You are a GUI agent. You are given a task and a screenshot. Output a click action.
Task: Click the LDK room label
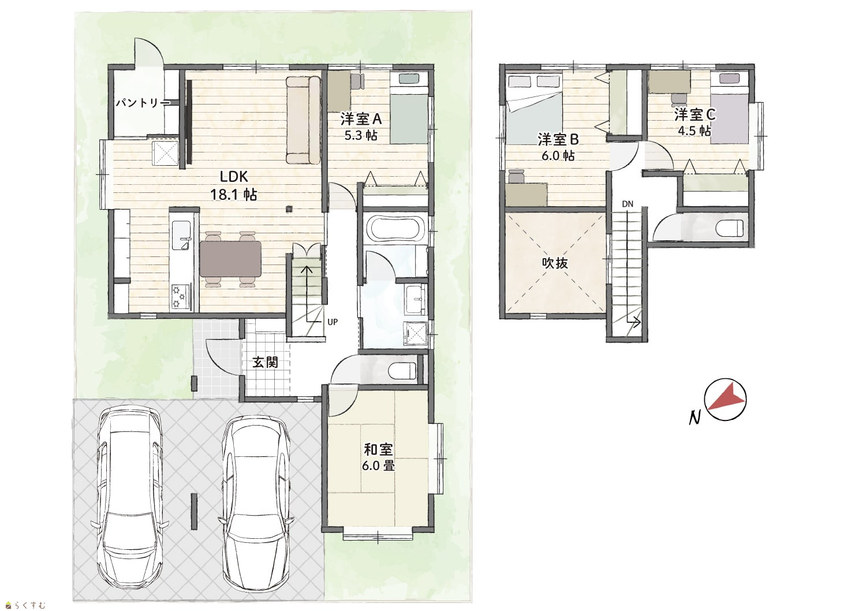pyautogui.click(x=234, y=177)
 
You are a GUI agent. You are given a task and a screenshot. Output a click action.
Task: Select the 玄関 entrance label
pyautogui.click(x=265, y=362)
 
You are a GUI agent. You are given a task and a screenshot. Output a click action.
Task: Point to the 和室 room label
pyautogui.click(x=379, y=450)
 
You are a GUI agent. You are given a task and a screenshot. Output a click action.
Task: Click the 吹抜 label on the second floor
pyautogui.click(x=555, y=263)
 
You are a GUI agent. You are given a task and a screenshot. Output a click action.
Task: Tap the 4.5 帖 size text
pyautogui.click(x=695, y=131)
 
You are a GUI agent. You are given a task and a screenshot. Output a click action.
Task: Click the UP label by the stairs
pyautogui.click(x=333, y=322)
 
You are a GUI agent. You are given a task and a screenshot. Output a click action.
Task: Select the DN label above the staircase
pyautogui.click(x=628, y=204)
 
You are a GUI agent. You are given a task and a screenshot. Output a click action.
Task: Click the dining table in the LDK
pyautogui.click(x=230, y=259)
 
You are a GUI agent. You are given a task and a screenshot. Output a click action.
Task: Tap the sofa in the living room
pyautogui.click(x=304, y=120)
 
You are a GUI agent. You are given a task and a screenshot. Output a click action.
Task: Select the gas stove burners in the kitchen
pyautogui.click(x=181, y=296)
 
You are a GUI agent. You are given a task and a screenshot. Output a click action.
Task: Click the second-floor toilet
pyautogui.click(x=730, y=228)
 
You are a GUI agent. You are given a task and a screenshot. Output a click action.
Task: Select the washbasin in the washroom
pyautogui.click(x=416, y=299)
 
